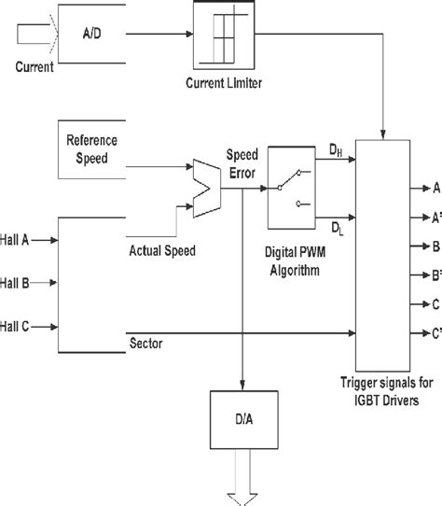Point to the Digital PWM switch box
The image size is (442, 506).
(294, 187)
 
